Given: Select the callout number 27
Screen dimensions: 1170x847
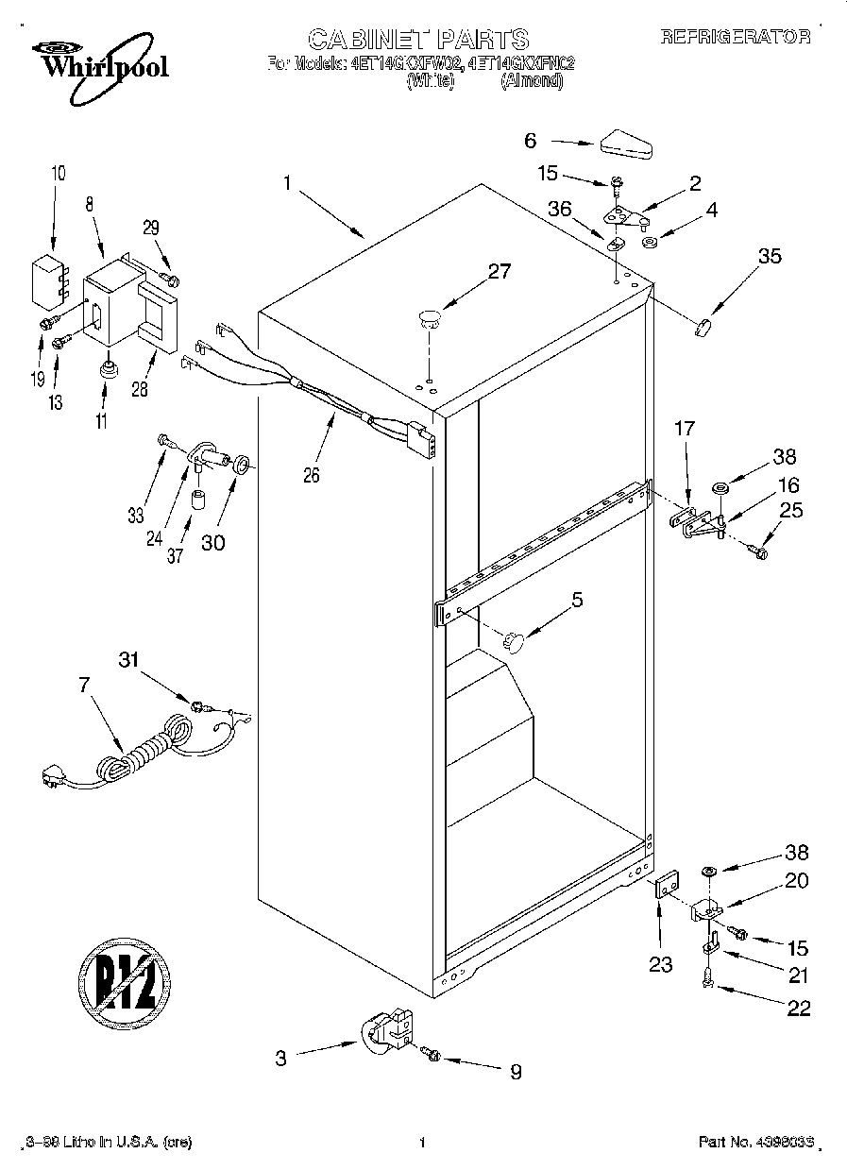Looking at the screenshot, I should coord(499,272).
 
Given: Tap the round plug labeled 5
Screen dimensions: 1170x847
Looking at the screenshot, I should coord(514,641).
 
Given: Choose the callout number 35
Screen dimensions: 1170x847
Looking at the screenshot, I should coord(770,255).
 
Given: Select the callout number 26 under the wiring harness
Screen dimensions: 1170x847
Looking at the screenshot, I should coord(311,475).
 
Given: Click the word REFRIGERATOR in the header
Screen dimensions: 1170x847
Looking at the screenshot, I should coord(735,38).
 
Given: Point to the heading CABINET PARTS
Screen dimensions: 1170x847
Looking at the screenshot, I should coord(418,39).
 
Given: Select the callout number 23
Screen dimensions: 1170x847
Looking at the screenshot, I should coord(660,964).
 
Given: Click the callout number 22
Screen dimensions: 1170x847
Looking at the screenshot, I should coord(798,1009).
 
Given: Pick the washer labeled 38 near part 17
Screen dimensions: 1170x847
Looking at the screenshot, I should coord(720,488).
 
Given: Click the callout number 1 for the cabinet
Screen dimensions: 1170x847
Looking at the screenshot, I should coord(287,183).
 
